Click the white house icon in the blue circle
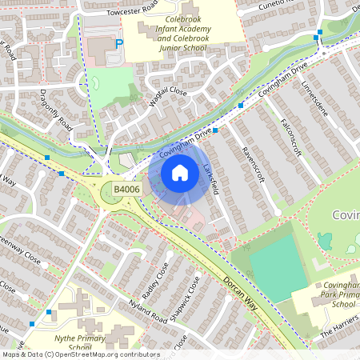pos(180,172)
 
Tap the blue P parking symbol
pos(119,45)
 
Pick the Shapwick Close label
pos(188,298)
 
